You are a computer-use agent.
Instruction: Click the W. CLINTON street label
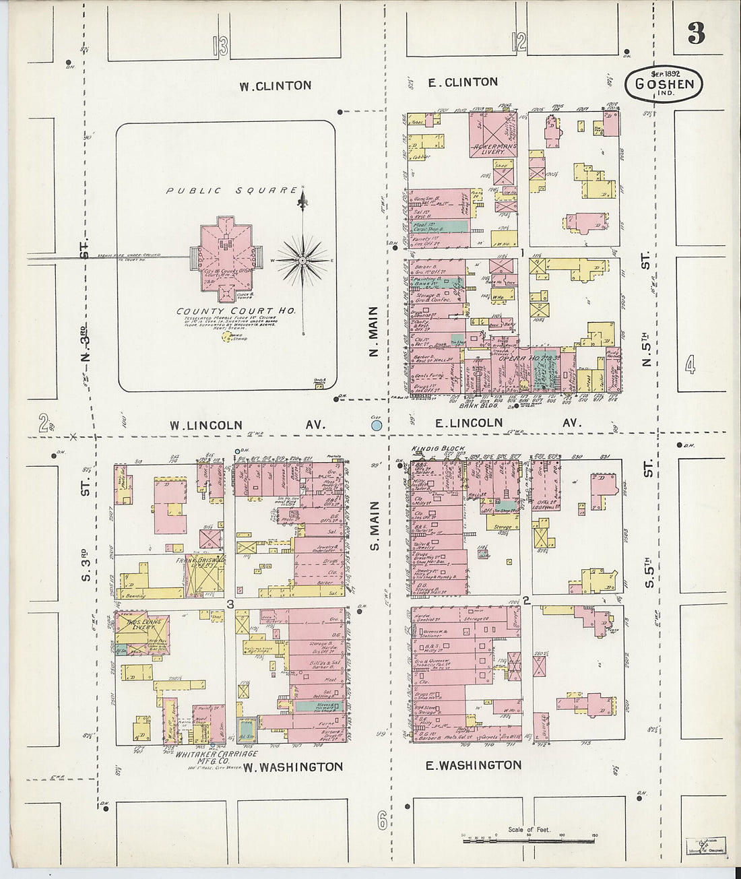coord(276,86)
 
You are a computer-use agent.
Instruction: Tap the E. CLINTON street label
coord(463,82)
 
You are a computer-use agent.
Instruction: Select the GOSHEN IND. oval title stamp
coord(664,84)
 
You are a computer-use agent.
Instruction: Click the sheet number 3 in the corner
coord(697,33)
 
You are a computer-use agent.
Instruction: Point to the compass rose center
coord(303,260)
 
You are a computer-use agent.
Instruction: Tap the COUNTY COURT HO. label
coord(236,311)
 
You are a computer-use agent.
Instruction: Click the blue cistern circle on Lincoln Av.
coord(377,425)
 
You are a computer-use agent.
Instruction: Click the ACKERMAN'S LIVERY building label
coord(494,148)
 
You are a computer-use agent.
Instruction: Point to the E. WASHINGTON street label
coord(474,765)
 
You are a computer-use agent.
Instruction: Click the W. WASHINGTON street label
coord(293,767)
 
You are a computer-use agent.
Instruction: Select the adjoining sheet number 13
coord(220,46)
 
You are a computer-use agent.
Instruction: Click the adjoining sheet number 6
coord(382,820)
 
